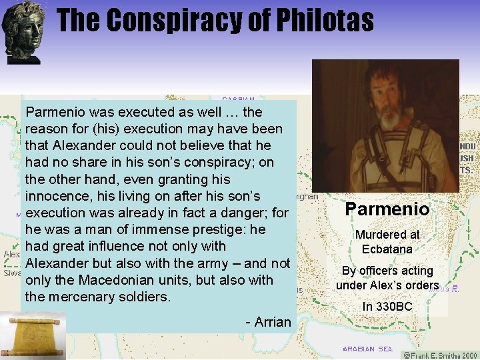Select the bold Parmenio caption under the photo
pos(387,209)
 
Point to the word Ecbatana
pos(387,249)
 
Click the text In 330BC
pos(387,307)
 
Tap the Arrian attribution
pos(269,323)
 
